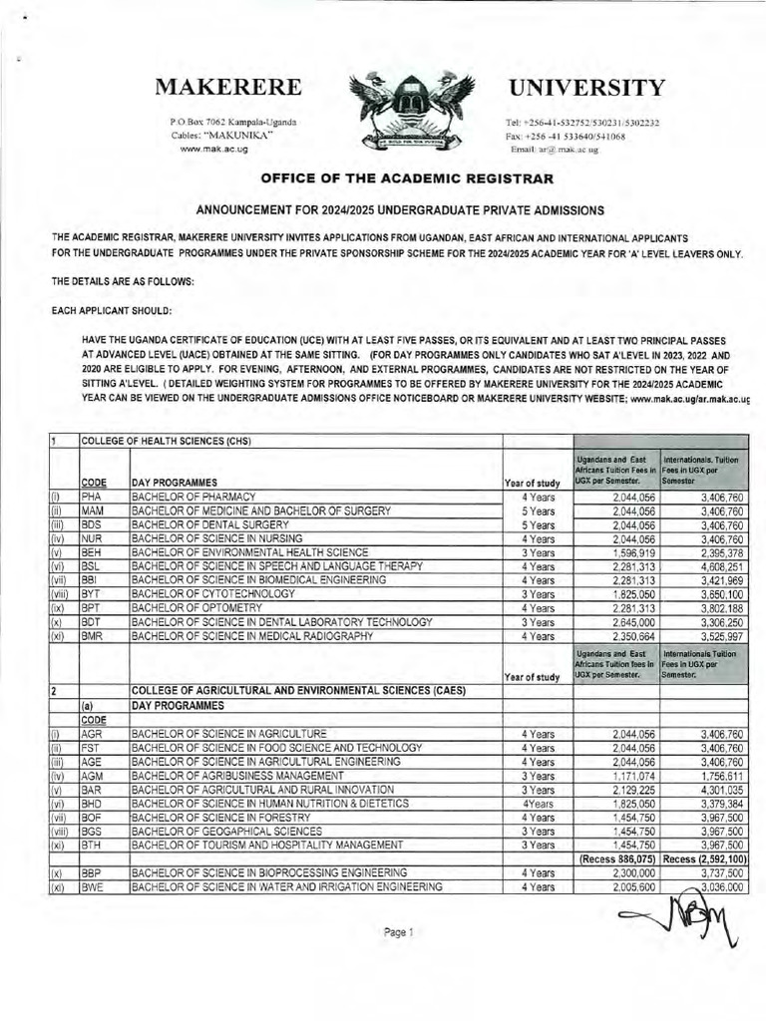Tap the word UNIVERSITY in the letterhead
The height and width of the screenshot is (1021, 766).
(586, 88)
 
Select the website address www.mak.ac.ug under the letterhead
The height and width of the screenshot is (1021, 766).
(213, 149)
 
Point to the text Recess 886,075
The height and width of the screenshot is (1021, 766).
(616, 858)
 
